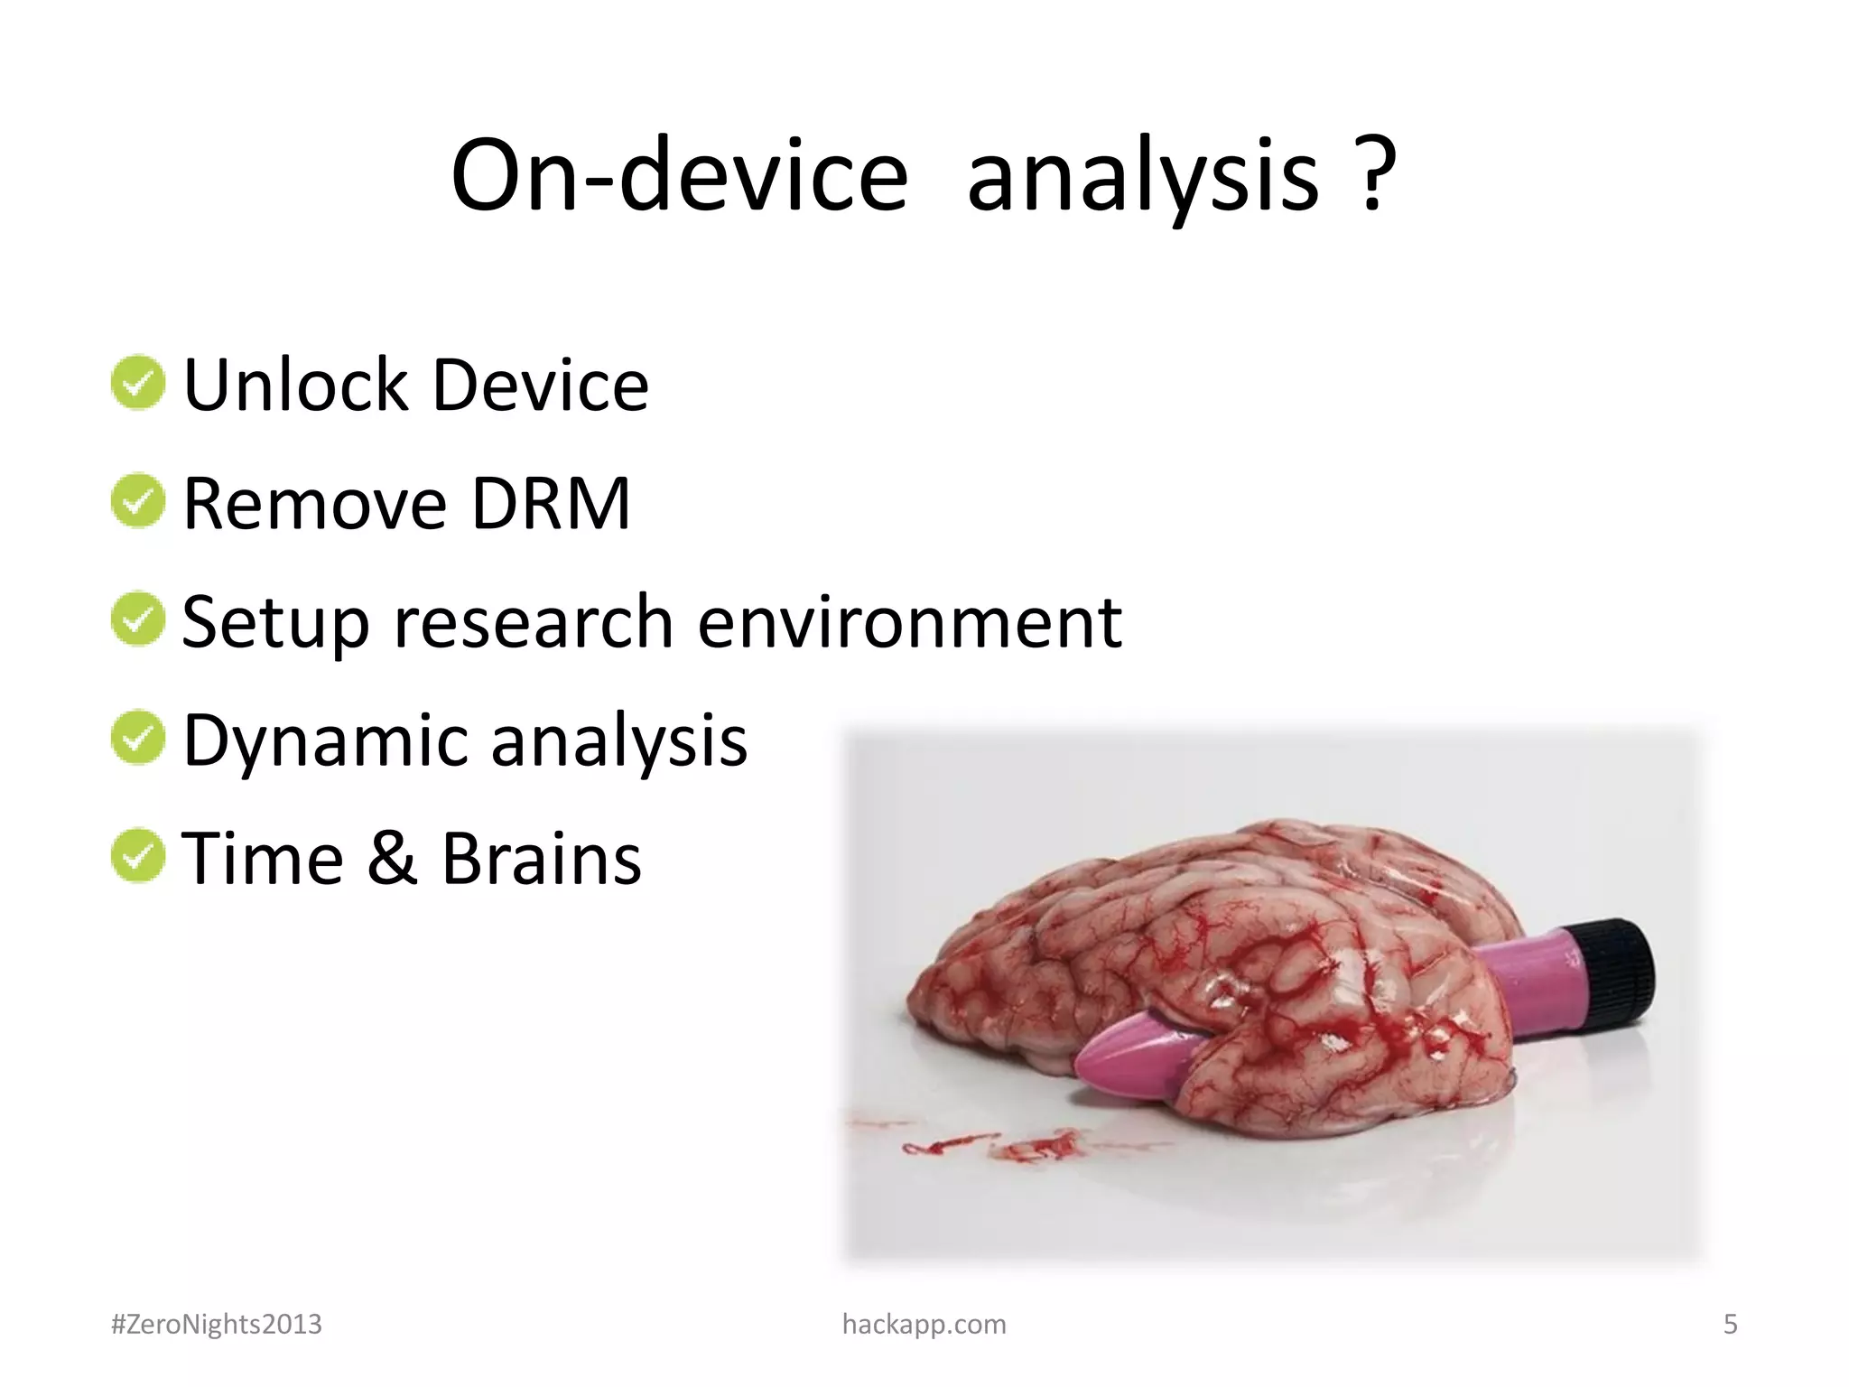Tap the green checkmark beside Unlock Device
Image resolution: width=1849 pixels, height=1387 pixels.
click(x=138, y=382)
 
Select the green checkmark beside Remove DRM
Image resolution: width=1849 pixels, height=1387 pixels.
click(x=138, y=501)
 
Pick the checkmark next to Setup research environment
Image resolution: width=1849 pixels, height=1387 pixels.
click(x=138, y=619)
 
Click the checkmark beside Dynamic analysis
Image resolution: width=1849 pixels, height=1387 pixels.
click(x=138, y=738)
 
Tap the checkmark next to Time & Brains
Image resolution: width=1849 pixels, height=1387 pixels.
click(x=138, y=856)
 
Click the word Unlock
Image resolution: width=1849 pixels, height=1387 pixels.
click(x=296, y=386)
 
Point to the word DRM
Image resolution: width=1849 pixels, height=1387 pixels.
click(x=551, y=504)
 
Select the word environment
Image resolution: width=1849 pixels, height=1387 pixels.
click(x=910, y=622)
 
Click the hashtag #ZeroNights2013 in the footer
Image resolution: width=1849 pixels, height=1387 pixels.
click(x=216, y=1324)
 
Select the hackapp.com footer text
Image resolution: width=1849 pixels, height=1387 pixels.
click(x=924, y=1324)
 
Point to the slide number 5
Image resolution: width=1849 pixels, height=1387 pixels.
click(x=1730, y=1324)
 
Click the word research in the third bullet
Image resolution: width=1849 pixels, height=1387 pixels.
click(x=534, y=622)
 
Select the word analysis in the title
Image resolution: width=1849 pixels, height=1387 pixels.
click(x=1143, y=176)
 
